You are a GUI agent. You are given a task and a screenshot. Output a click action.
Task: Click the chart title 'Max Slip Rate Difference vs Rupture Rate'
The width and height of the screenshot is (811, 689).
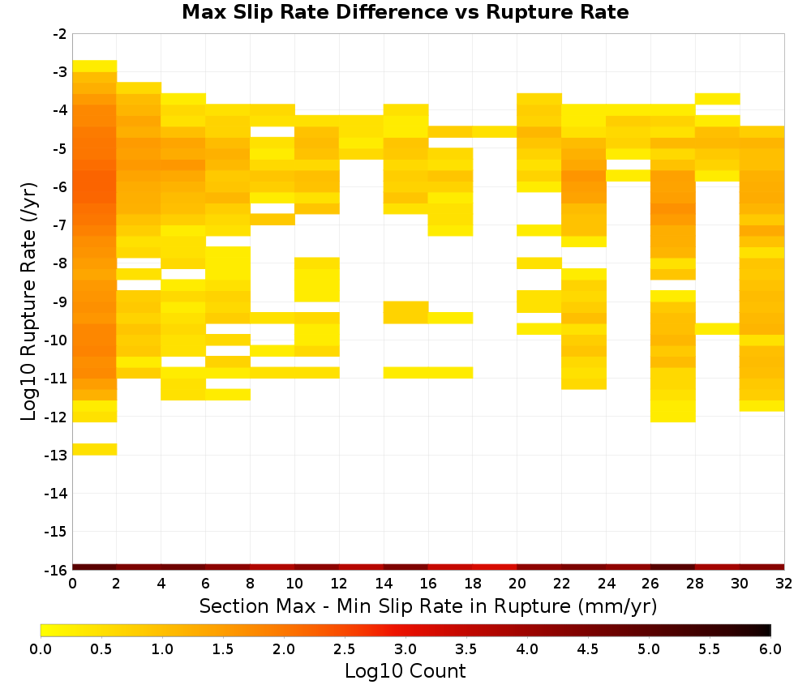405,11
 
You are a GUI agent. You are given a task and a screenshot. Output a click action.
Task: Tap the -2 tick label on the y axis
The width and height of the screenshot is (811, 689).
59,35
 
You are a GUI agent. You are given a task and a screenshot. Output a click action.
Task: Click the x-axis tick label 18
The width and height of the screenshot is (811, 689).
473,584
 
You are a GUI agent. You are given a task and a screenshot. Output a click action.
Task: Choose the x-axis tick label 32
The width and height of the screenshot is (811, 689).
784,584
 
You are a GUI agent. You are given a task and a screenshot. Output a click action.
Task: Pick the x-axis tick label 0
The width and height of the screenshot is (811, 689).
72,584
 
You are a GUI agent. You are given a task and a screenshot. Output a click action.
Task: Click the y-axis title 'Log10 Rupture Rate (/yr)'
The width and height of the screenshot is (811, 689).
29,302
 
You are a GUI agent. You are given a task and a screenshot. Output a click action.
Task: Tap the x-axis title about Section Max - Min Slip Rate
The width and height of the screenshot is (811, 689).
428,606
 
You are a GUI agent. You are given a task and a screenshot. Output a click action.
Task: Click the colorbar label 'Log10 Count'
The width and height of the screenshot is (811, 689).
405,671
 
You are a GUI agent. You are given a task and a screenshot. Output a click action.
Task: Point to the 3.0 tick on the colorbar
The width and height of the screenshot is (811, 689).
405,649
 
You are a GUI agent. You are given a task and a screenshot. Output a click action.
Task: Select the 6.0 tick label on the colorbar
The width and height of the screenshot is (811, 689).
770,649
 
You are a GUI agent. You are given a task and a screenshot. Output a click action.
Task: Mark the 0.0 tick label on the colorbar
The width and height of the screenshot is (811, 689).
41,649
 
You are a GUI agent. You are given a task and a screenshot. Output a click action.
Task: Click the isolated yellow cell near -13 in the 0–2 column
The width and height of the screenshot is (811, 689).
95,449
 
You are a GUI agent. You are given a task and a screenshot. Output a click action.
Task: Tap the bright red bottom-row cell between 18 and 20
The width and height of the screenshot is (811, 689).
495,567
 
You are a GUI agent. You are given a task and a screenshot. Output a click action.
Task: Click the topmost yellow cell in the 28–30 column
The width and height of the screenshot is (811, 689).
718,99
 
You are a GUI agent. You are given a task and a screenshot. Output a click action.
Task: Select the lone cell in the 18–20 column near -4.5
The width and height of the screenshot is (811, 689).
495,132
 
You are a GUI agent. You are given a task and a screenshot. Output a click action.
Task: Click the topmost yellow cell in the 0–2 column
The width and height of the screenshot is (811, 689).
95,66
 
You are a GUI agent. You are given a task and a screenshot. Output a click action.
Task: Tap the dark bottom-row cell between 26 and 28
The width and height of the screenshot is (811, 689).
673,567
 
